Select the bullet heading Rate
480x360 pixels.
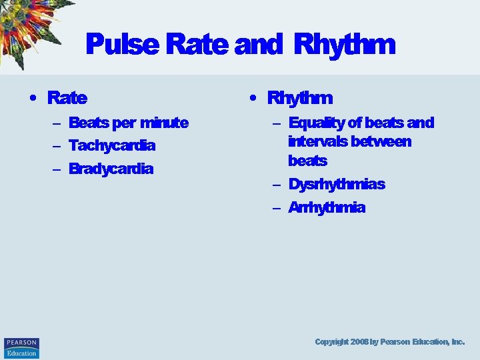coord(67,98)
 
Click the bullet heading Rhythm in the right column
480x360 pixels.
coord(299,98)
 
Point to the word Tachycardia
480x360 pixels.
coord(112,145)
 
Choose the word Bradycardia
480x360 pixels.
coord(111,169)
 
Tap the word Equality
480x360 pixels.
coord(317,123)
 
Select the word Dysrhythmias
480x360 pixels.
coord(337,184)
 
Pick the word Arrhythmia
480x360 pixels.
coord(327,207)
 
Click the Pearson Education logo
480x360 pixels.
coord(21,347)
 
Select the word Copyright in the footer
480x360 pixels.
coord(331,341)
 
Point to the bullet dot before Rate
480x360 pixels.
coord(32,99)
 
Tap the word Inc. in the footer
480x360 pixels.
coord(457,341)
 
